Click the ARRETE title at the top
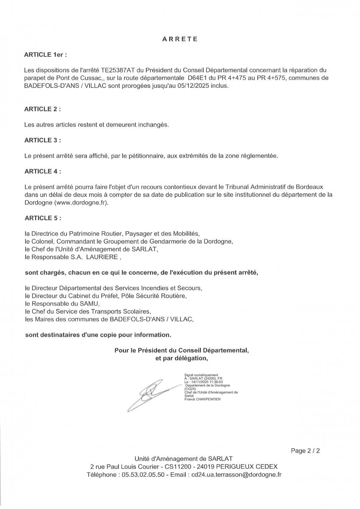tap(180, 39)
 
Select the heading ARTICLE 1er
tap(46, 55)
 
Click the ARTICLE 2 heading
tap(42, 109)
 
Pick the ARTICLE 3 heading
tap(42, 140)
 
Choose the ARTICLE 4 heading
tap(42, 171)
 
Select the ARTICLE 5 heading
tap(42, 218)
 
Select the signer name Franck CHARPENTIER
tap(203, 399)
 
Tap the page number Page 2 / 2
tap(305, 451)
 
